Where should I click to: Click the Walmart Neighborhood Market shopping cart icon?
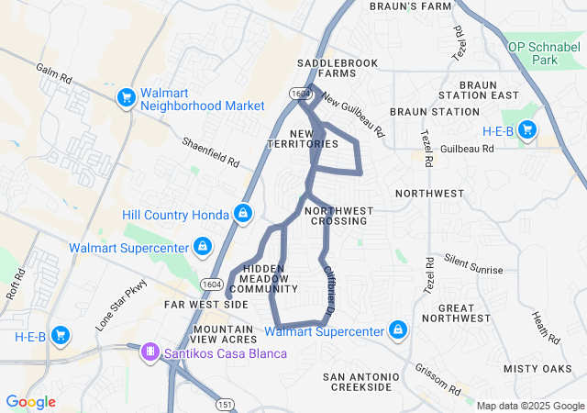click(x=126, y=96)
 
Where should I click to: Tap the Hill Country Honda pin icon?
click(x=243, y=214)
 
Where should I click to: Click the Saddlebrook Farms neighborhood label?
click(x=326, y=68)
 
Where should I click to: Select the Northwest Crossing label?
click(x=339, y=216)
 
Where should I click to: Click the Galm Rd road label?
click(x=54, y=73)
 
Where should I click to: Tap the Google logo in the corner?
click(x=30, y=402)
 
